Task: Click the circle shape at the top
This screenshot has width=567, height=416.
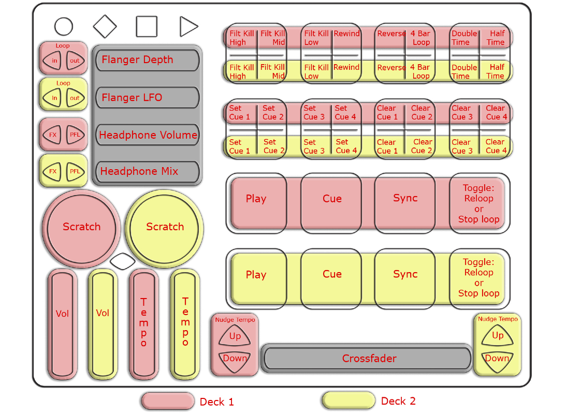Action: tap(64, 26)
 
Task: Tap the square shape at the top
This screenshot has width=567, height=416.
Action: tap(147, 26)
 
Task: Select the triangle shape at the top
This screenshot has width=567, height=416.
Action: tap(188, 26)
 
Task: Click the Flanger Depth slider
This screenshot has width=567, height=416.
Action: tap(148, 60)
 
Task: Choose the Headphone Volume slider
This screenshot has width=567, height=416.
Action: tap(148, 135)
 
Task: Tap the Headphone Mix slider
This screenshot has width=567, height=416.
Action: tap(148, 171)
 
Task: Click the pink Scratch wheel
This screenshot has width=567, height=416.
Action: tap(81, 227)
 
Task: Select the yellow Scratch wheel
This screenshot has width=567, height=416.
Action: tap(165, 227)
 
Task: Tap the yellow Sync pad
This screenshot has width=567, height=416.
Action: tap(405, 275)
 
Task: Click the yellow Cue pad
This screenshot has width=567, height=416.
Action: tap(332, 275)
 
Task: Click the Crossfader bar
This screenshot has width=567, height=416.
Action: tap(369, 359)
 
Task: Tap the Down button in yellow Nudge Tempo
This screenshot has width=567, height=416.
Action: tap(497, 358)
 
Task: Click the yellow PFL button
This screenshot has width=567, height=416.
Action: tap(75, 171)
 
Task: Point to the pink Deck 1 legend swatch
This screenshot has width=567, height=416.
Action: tap(167, 401)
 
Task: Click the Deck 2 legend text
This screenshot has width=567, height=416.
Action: tap(398, 401)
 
